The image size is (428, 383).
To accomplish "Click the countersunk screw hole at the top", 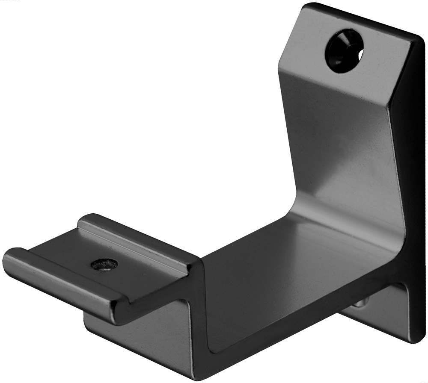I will (x=344, y=50).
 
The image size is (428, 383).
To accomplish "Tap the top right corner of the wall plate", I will (x=417, y=36).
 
